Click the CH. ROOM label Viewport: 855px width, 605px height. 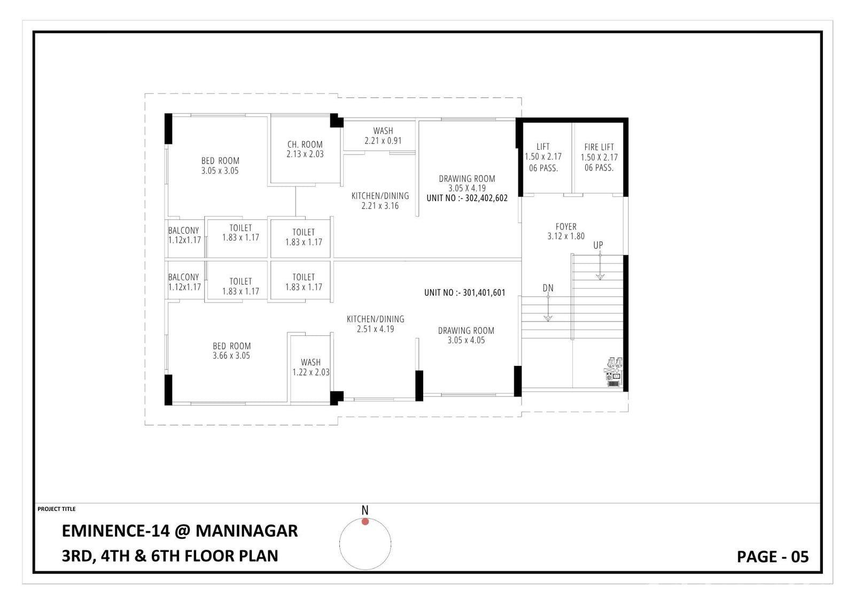click(x=305, y=144)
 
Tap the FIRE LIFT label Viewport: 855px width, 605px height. click(x=599, y=147)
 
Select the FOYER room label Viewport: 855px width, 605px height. click(x=566, y=227)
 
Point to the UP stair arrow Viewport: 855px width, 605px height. click(x=600, y=266)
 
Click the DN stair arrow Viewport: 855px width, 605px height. click(x=548, y=308)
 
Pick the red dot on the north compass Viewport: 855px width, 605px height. click(x=366, y=522)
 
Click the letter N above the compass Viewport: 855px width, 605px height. click(x=365, y=510)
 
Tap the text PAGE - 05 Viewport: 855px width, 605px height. click(x=773, y=557)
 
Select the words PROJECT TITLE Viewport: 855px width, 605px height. click(x=57, y=509)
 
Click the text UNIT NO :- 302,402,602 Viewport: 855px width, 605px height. click(x=467, y=198)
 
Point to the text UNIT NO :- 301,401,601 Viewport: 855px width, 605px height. click(x=464, y=293)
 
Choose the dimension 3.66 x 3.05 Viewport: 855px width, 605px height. click(x=231, y=356)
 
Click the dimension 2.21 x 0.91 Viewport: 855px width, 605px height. click(x=383, y=141)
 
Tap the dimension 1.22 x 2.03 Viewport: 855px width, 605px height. click(x=311, y=372)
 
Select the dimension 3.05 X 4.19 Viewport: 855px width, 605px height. click(x=467, y=188)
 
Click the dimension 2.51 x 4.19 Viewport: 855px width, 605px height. click(x=376, y=329)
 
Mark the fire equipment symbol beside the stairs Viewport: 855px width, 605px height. click(x=613, y=372)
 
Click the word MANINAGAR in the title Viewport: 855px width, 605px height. click(x=246, y=531)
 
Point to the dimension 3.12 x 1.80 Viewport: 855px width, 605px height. click(x=566, y=236)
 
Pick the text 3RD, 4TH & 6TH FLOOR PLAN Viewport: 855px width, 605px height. click(x=170, y=556)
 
